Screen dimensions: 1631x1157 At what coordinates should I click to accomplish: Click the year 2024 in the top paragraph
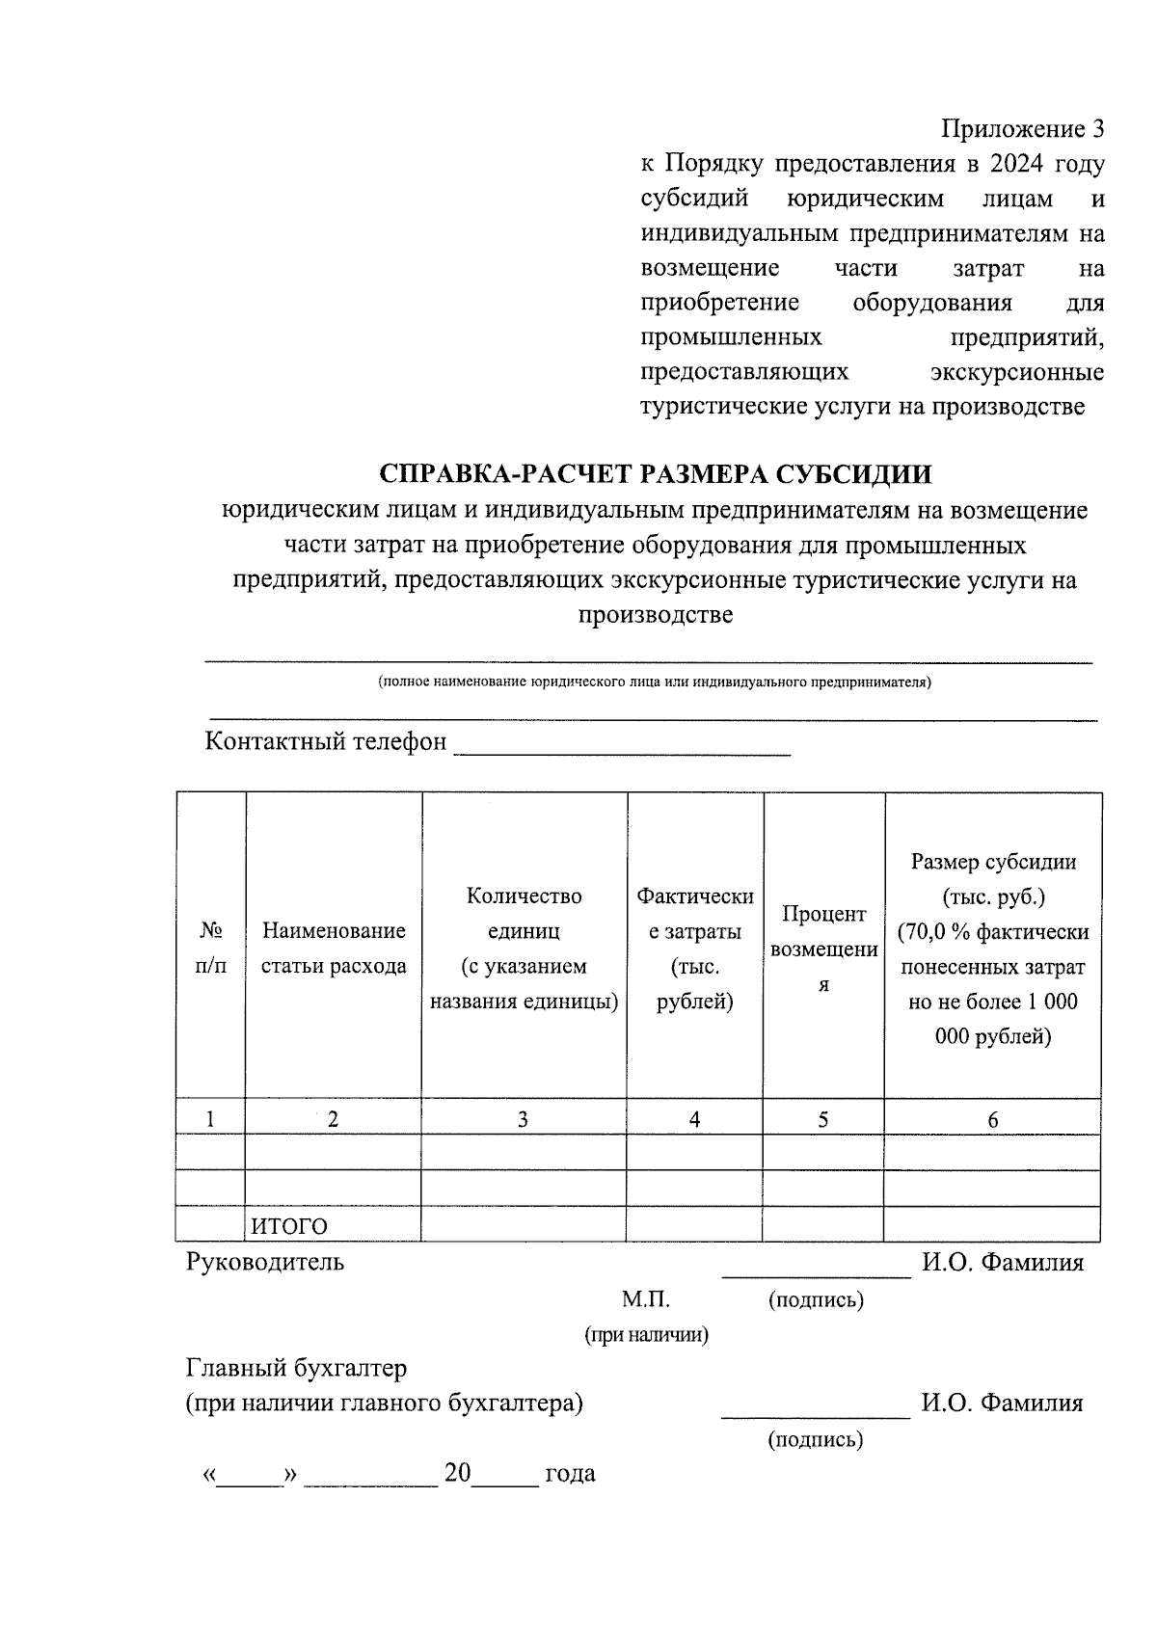[x=1020, y=165]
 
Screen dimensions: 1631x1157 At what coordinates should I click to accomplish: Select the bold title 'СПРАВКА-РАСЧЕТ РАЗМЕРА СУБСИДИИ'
[x=656, y=474]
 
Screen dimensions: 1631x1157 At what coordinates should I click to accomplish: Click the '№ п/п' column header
[x=211, y=948]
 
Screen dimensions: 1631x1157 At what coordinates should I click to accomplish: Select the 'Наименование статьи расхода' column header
[x=334, y=948]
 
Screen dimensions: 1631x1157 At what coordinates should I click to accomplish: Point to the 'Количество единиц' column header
[x=524, y=948]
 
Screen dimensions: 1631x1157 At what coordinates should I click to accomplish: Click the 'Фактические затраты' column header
[x=694, y=948]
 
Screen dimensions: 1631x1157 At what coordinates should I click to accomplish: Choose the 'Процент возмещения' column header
[x=823, y=948]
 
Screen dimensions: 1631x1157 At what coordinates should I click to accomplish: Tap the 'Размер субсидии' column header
[x=992, y=948]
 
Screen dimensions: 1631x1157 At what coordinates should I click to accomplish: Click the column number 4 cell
[x=694, y=1119]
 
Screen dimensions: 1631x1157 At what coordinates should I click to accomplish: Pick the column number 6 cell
[x=992, y=1119]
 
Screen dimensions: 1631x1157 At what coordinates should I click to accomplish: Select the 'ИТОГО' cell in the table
[x=290, y=1226]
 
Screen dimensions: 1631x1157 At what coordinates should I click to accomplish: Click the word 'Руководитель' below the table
[x=264, y=1262]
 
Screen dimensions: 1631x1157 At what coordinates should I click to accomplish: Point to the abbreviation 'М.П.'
[x=645, y=1299]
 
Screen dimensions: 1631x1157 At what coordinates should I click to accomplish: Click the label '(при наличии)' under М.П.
[x=646, y=1335]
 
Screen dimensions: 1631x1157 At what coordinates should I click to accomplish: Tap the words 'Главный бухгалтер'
[x=296, y=1368]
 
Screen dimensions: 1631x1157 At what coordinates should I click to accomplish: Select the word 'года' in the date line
[x=570, y=1474]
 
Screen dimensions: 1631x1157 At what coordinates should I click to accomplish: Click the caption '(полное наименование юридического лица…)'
[x=655, y=682]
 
